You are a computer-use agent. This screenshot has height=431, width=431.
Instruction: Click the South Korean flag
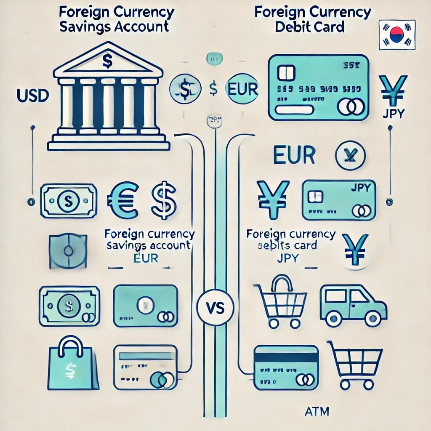point(397,35)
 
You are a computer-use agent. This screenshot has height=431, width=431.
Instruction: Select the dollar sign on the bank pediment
point(107,62)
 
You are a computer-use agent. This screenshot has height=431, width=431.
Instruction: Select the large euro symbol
point(123,200)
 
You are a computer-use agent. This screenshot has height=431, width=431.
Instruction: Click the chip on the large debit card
point(286,73)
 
